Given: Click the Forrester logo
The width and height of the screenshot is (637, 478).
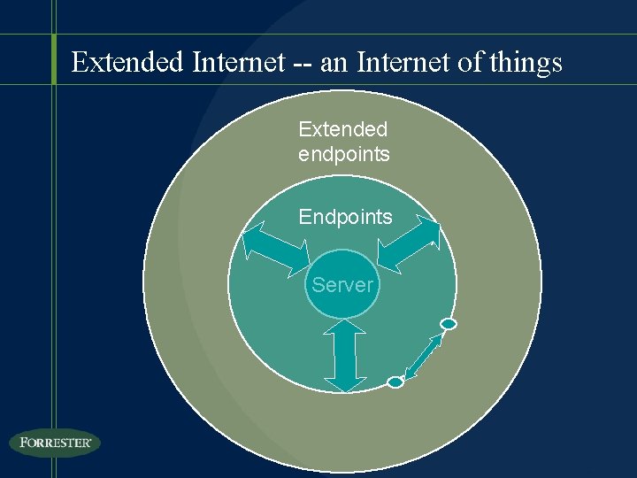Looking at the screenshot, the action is tap(55, 443).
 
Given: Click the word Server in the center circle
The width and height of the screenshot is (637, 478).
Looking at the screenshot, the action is tap(342, 285).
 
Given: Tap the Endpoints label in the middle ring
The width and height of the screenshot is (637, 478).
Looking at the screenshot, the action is tap(345, 217).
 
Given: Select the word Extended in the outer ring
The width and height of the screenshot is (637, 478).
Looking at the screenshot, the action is tap(342, 129).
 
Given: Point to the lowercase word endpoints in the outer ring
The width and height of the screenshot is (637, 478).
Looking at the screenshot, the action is tap(344, 154).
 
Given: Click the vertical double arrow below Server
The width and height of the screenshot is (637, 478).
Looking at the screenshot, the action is tap(345, 355).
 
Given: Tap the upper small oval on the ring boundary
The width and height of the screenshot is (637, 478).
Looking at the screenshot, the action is tap(449, 324).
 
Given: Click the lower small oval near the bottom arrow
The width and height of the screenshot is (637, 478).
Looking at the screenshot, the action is tap(395, 382).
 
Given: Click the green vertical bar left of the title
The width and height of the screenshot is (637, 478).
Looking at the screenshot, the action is tap(54, 59).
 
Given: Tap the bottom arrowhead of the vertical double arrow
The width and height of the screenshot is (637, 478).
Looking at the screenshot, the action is tap(345, 383).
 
